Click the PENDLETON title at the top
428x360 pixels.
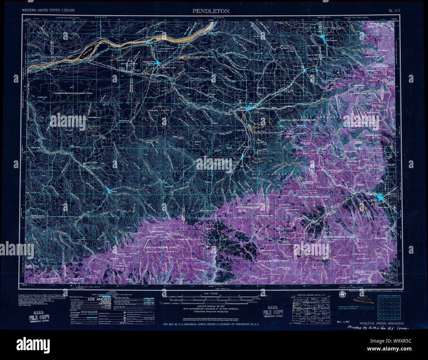click(211, 11)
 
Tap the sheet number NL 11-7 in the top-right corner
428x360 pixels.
click(394, 11)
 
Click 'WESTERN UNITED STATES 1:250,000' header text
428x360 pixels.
click(48, 11)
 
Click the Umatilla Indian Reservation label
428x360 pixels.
click(298, 120)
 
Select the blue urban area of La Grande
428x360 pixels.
click(381, 197)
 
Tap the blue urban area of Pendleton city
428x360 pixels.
click(250, 108)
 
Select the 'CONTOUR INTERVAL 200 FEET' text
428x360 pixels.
click(211, 306)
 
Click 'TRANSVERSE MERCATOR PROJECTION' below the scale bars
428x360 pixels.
click(211, 312)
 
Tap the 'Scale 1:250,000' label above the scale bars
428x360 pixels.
click(211, 293)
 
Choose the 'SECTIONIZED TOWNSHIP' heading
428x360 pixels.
click(389, 296)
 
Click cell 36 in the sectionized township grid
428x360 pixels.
click(399, 318)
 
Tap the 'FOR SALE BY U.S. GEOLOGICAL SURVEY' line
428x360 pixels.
click(211, 324)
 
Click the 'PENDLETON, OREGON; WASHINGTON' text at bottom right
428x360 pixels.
click(382, 323)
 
